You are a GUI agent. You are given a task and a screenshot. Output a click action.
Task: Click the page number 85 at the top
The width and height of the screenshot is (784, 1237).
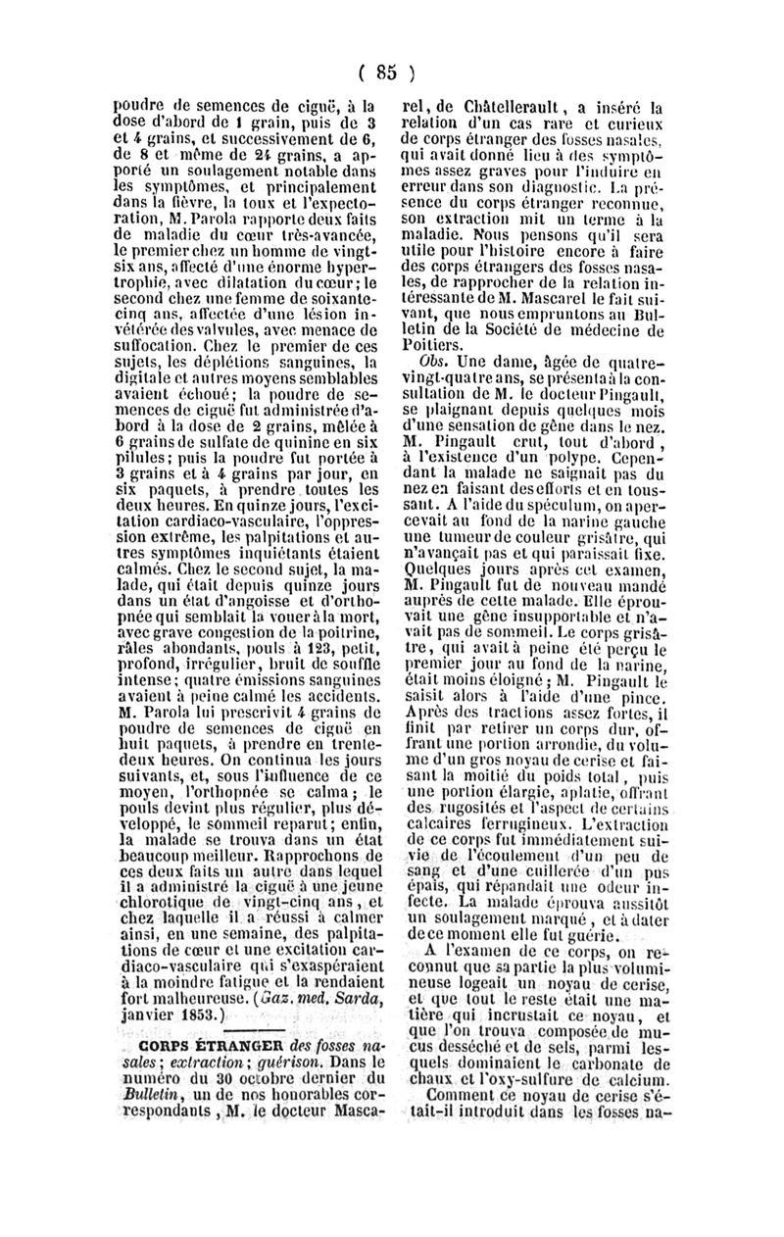(388, 71)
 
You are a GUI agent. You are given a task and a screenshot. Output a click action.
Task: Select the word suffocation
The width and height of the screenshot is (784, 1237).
(148, 345)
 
